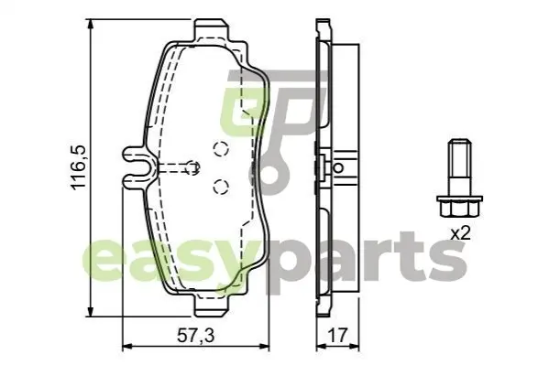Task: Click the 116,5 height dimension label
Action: (x=79, y=167)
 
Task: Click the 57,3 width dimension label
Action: (x=196, y=336)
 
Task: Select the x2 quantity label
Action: (x=460, y=233)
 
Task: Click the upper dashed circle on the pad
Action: (x=221, y=148)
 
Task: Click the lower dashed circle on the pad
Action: (x=221, y=186)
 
